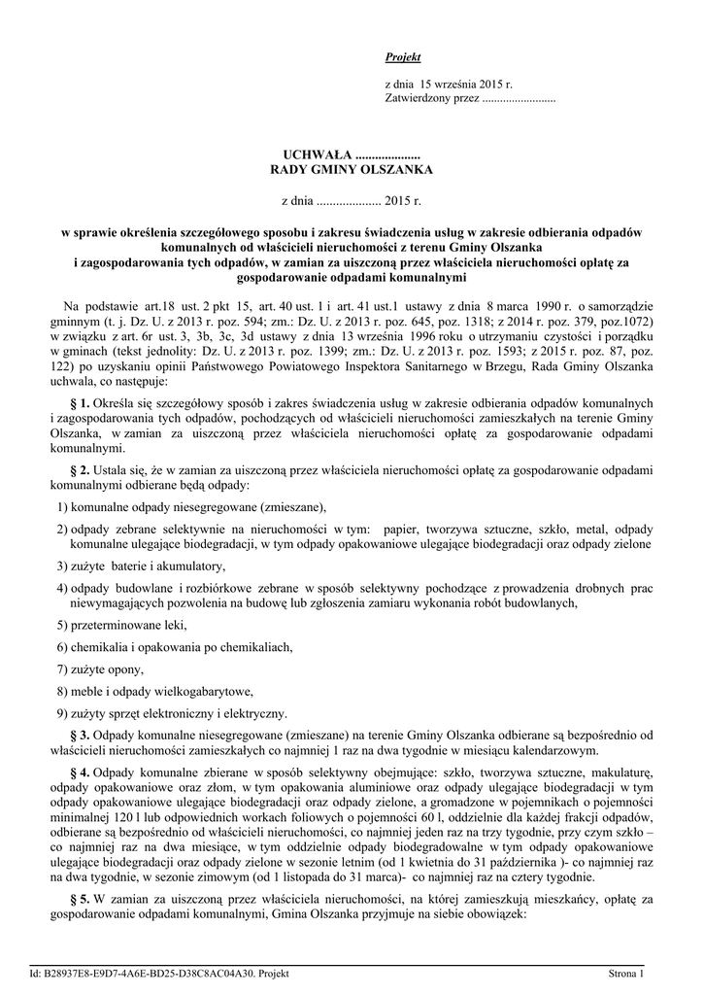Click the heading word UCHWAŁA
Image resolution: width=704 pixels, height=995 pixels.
(318, 154)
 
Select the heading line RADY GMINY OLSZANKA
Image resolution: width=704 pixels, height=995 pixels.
(351, 170)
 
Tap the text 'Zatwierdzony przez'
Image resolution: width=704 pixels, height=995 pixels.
(432, 99)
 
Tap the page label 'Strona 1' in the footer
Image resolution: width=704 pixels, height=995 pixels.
(626, 973)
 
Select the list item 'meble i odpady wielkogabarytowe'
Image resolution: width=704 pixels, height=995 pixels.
(161, 692)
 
